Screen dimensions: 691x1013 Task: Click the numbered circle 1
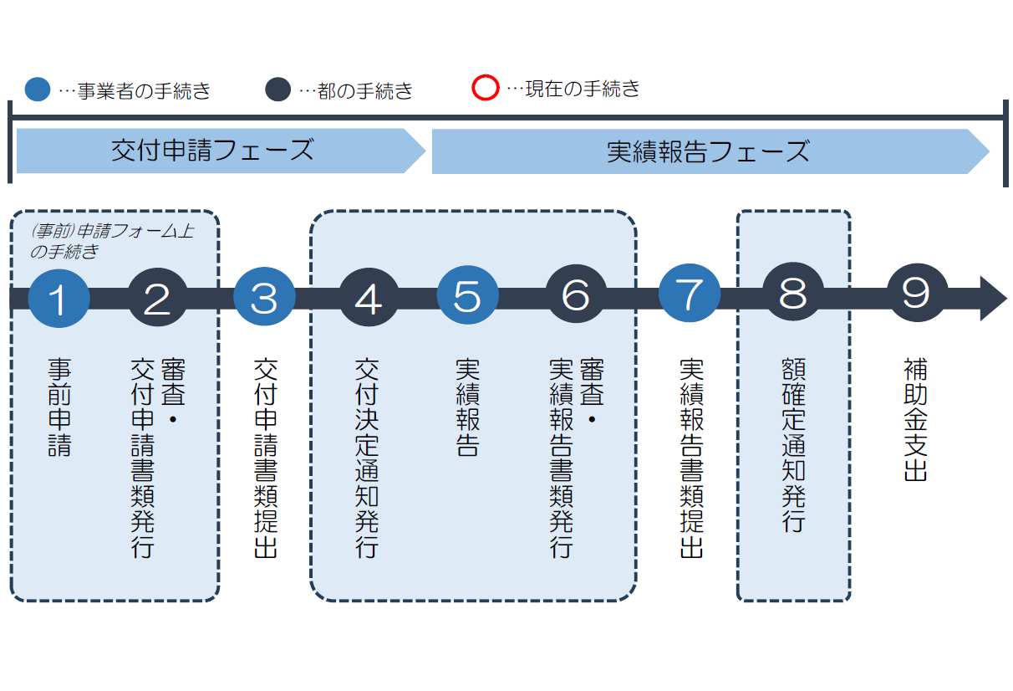tap(59, 297)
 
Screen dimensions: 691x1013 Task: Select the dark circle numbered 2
tap(158, 297)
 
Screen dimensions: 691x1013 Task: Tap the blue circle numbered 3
tap(264, 297)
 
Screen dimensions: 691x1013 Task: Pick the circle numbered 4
tap(369, 297)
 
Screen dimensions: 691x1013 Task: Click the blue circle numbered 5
tap(468, 297)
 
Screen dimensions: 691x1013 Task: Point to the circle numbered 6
tap(576, 297)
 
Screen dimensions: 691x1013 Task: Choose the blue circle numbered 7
tap(690, 297)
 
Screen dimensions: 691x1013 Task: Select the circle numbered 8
tap(792, 297)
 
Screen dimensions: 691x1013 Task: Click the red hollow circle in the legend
tap(485, 88)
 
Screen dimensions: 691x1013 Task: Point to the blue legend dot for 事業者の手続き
tap(38, 90)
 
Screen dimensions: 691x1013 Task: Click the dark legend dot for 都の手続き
tap(277, 90)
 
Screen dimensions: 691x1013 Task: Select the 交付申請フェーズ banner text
tap(212, 151)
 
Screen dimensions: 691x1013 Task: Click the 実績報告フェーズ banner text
tap(708, 151)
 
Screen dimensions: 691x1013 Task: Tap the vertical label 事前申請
tap(59, 407)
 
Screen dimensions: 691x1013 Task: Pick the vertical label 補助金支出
tap(916, 420)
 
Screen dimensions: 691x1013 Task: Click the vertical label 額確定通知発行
tap(792, 445)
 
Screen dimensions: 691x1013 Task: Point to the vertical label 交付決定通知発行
tap(367, 458)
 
